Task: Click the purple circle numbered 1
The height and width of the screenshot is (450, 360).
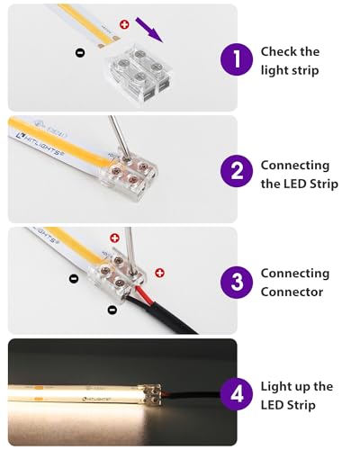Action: pyautogui.click(x=236, y=60)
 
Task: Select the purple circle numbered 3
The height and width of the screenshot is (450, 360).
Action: pyautogui.click(x=236, y=281)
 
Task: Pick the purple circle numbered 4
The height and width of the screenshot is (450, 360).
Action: pyautogui.click(x=236, y=394)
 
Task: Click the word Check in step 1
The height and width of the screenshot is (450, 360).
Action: pyautogui.click(x=277, y=52)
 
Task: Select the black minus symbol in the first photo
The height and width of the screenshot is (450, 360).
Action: pyautogui.click(x=80, y=53)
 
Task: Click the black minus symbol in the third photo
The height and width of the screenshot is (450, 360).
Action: pyautogui.click(x=112, y=310)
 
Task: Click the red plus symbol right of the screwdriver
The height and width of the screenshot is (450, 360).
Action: pyautogui.click(x=159, y=272)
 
